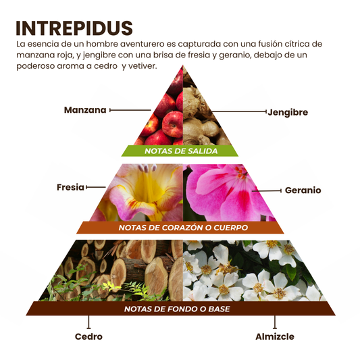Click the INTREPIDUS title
[74, 28]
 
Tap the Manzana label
[85, 110]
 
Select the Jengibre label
[288, 112]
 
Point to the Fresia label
[70, 187]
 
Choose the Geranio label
[303, 190]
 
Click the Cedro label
[88, 336]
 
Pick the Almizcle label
[275, 336]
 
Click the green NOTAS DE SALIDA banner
[180, 151]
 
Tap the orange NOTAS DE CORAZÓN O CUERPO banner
[180, 228]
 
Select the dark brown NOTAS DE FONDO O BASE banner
[180, 309]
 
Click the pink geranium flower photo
[228, 193]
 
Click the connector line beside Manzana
[130, 110]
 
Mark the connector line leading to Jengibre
[239, 112]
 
